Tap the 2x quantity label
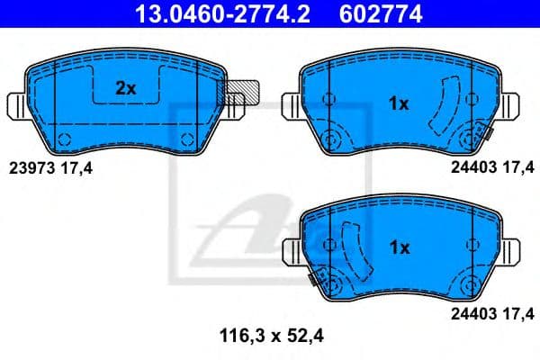click(x=125, y=87)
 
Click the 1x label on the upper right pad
click(x=398, y=103)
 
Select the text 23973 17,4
click(x=50, y=166)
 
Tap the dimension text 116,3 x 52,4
click(x=270, y=337)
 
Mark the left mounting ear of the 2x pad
click(x=19, y=105)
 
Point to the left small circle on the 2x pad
click(x=64, y=138)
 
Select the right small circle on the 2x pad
click(x=187, y=138)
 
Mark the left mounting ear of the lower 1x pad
click(x=292, y=248)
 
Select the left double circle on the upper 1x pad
click(x=329, y=139)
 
